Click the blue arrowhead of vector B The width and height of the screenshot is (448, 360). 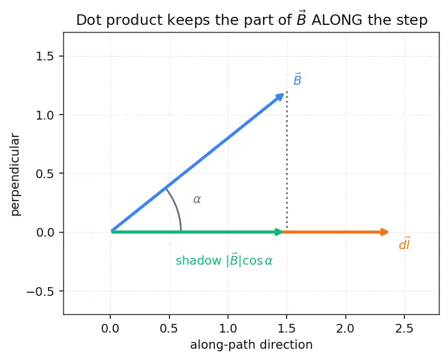click(x=279, y=97)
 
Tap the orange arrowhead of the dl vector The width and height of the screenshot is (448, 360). click(x=384, y=232)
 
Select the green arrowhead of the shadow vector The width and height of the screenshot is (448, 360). click(x=279, y=232)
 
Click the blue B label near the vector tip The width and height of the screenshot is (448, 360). click(x=297, y=79)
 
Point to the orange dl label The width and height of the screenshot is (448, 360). click(x=405, y=244)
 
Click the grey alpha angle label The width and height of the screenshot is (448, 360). click(x=197, y=199)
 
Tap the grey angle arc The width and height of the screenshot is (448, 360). click(x=177, y=209)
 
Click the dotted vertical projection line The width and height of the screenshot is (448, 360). click(x=287, y=160)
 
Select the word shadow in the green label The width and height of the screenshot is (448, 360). click(x=198, y=260)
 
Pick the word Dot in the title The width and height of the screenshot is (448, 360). click(x=87, y=21)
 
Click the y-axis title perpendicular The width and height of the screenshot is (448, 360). click(x=15, y=175)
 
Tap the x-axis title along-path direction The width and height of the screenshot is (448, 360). click(x=252, y=345)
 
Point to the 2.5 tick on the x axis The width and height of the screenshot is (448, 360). click(x=404, y=329)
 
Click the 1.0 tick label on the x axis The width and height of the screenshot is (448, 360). click(x=228, y=329)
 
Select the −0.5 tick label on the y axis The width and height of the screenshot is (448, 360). click(x=41, y=291)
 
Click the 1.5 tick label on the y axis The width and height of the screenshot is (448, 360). click(x=45, y=56)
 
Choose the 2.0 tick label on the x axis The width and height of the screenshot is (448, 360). click(x=345, y=329)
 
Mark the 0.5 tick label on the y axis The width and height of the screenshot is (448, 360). click(x=45, y=174)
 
